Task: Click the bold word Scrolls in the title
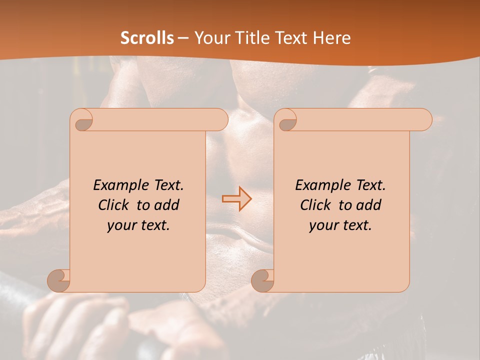click(147, 37)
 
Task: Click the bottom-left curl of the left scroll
click(59, 280)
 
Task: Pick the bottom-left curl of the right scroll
click(262, 280)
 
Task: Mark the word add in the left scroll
click(167, 205)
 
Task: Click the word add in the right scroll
click(369, 205)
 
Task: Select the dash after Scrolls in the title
click(183, 38)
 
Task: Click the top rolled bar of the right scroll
click(360, 119)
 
